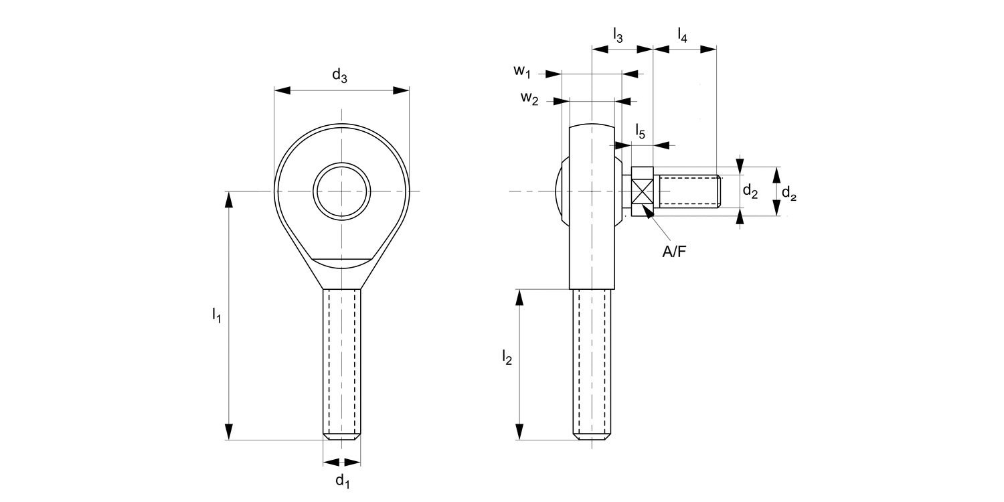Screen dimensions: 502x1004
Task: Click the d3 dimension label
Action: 340,76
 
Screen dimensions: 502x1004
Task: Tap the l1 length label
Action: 216,315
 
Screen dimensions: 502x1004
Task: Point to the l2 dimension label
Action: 507,358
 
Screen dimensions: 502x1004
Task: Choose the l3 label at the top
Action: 618,35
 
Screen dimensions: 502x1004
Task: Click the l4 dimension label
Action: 682,35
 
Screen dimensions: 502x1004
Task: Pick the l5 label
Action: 640,133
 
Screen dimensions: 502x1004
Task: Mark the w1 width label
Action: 522,70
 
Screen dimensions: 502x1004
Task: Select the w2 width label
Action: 529,98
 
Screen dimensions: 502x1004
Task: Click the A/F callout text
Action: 673,252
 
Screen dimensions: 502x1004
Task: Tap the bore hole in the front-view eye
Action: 343,191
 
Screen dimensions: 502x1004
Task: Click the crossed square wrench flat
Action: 643,192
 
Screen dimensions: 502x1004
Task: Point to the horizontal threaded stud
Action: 689,191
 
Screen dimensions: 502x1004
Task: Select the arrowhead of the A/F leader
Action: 647,212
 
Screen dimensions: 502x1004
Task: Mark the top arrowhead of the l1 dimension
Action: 230,199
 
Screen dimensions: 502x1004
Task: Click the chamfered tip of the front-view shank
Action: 342,436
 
